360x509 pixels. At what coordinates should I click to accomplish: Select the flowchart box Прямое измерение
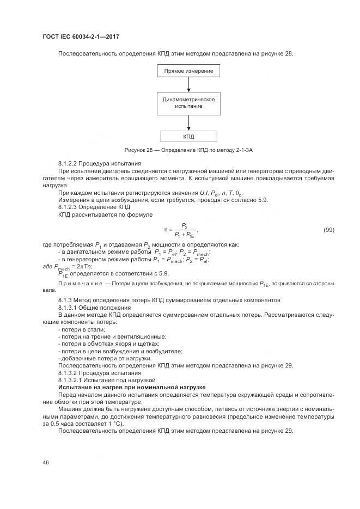[188, 71]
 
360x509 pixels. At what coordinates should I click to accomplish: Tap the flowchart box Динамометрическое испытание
[188, 103]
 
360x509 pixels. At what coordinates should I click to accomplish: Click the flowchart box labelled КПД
[188, 137]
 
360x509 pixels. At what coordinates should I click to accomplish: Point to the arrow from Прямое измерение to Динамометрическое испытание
[188, 84]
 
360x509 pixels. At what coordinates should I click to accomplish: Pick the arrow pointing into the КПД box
[188, 122]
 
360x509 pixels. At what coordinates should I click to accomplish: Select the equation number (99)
[328, 230]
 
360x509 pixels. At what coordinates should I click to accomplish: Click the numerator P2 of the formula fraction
[185, 225]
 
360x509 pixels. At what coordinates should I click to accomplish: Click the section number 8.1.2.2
[69, 163]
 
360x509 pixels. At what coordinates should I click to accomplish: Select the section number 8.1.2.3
[69, 207]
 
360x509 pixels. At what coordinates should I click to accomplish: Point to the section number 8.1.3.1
[69, 308]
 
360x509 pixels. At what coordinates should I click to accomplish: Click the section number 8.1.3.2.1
[72, 379]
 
